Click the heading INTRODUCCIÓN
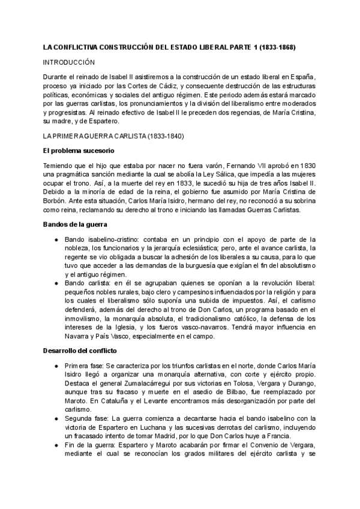[70, 62]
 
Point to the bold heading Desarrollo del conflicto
[79, 350]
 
